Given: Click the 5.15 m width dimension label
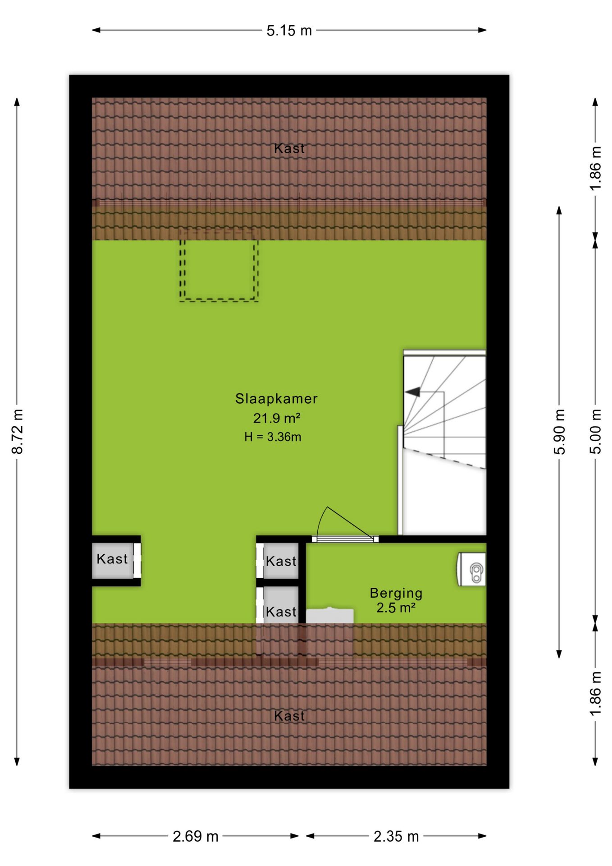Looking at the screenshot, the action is tap(289, 31).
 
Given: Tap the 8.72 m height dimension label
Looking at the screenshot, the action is tap(18, 432).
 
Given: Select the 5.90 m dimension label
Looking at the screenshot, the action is tap(559, 432).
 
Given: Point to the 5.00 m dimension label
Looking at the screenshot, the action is tap(595, 432).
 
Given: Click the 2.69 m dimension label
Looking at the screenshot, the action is tap(196, 836).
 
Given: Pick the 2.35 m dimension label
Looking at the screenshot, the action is tap(396, 836).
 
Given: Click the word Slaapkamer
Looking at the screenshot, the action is tap(276, 399).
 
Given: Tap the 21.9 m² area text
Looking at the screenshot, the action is tap(276, 418).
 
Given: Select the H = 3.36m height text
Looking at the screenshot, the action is tap(273, 437).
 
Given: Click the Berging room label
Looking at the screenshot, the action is tap(396, 594).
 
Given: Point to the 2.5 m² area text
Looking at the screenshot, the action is tap(396, 608).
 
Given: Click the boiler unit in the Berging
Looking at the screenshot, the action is tap(471, 569).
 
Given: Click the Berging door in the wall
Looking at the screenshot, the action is tap(345, 539).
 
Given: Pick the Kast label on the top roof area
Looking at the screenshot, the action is tap(289, 148).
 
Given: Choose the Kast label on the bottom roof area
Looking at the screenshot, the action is tap(289, 716).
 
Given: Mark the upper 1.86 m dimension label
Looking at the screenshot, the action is tap(595, 168).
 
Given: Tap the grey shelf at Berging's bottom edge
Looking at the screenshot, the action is tap(330, 616).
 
